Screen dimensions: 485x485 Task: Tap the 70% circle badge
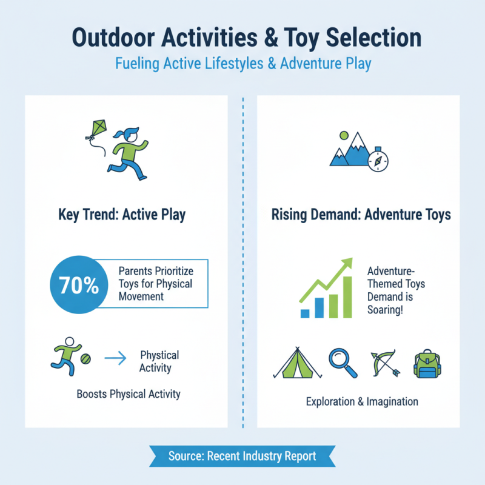click(79, 286)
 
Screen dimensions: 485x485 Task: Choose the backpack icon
click(428, 364)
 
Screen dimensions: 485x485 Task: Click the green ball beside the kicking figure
click(86, 359)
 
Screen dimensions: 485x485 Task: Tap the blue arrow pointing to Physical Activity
click(116, 360)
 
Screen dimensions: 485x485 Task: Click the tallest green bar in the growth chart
click(347, 297)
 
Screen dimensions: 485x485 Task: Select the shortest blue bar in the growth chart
click(306, 313)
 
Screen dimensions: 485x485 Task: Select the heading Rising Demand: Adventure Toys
click(361, 215)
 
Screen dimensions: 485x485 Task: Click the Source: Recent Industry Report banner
click(242, 456)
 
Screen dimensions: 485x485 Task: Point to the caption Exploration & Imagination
click(362, 401)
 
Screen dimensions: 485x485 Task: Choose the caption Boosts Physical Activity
click(129, 394)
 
